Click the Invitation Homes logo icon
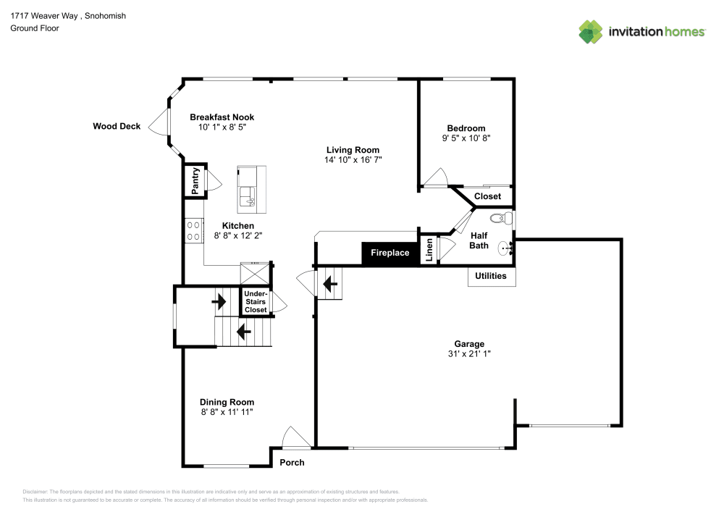[591, 31]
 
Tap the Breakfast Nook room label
[222, 117]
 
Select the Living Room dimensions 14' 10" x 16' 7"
[353, 159]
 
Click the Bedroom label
[466, 128]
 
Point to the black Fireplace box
[390, 253]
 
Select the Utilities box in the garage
[491, 276]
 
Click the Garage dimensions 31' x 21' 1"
[469, 354]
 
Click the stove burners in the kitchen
[193, 231]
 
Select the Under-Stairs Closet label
[255, 302]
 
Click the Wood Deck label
[117, 126]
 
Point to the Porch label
[292, 463]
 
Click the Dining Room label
[227, 402]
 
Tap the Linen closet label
[429, 251]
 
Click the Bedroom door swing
[435, 177]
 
